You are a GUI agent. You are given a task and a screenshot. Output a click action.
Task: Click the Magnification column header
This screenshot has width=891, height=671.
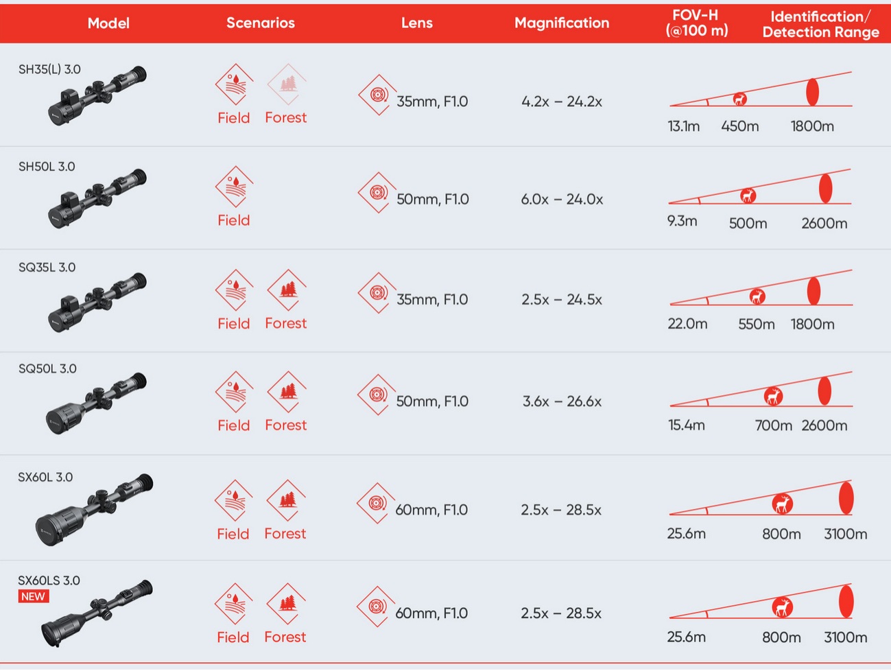tap(562, 23)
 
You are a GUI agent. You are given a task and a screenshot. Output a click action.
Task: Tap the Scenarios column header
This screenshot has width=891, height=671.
tap(261, 23)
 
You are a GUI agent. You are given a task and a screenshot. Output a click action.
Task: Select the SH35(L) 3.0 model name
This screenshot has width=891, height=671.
tap(49, 69)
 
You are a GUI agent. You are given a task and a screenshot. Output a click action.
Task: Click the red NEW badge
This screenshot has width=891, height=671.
tap(34, 596)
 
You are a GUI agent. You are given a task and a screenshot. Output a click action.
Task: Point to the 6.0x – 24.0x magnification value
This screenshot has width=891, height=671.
tap(562, 200)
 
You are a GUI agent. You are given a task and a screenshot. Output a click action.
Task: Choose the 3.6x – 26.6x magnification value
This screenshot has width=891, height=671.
tap(562, 401)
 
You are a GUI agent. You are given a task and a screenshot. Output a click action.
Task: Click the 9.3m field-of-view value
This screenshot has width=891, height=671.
tap(682, 221)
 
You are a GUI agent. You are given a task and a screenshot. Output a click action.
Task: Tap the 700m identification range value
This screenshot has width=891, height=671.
tap(773, 425)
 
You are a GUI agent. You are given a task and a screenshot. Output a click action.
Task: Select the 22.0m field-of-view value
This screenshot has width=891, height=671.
tap(687, 324)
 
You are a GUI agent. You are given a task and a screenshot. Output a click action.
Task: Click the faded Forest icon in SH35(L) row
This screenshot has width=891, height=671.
tap(287, 84)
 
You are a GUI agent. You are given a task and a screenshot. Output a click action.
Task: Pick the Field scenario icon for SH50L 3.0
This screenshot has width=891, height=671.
tap(234, 187)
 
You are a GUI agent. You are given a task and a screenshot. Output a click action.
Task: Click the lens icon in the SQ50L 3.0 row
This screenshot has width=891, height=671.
tap(377, 395)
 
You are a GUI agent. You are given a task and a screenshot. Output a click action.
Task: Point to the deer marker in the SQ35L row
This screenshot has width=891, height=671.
tap(757, 296)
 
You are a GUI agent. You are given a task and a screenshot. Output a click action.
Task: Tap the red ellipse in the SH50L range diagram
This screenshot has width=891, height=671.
tap(825, 189)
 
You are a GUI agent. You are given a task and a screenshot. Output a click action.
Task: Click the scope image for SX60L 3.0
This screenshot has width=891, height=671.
tap(95, 510)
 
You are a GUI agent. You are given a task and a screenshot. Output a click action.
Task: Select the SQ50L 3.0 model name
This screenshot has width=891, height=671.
tap(47, 368)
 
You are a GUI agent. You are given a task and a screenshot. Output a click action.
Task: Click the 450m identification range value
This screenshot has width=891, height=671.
tap(739, 126)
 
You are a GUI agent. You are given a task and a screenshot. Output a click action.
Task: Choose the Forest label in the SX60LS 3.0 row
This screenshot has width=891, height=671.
tap(285, 637)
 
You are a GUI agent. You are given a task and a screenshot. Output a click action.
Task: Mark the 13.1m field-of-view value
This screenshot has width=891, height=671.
tap(684, 126)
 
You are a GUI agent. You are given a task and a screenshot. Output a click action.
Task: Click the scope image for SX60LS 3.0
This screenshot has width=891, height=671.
tap(97, 613)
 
